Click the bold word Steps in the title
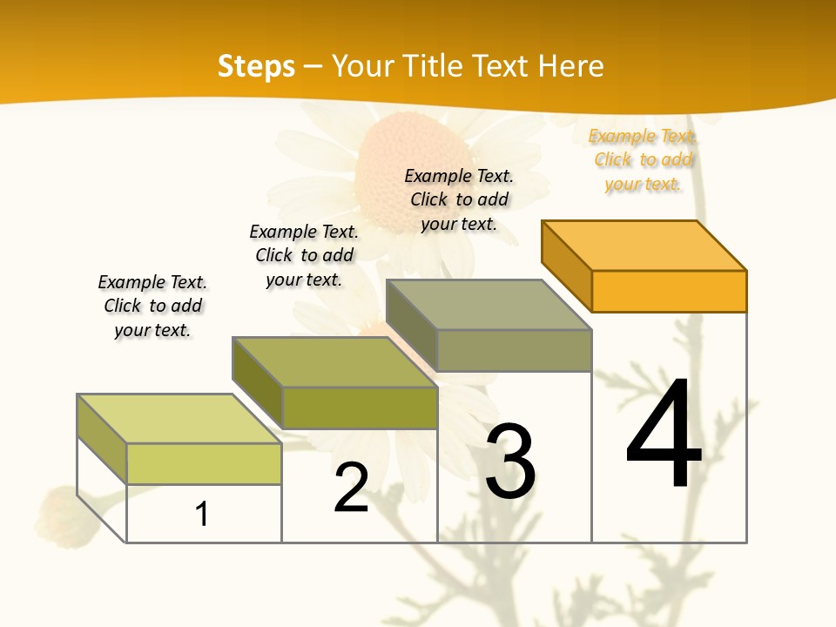pyautogui.click(x=256, y=66)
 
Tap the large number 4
pyautogui.click(x=664, y=435)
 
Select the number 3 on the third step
pyautogui.click(x=510, y=462)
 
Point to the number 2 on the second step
pyautogui.click(x=351, y=489)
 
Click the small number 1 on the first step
pyautogui.click(x=202, y=514)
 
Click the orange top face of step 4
pyautogui.click(x=644, y=245)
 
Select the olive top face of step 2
pyautogui.click(x=335, y=362)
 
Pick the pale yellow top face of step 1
pyautogui.click(x=179, y=419)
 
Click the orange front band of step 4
pyautogui.click(x=669, y=291)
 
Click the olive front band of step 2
pyautogui.click(x=360, y=408)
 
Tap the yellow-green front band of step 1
pyautogui.click(x=204, y=463)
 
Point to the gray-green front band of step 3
pyautogui.click(x=514, y=350)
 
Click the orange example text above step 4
pyautogui.click(x=644, y=159)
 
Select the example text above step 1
pyautogui.click(x=152, y=306)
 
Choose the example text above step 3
pyautogui.click(x=459, y=199)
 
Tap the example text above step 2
pyautogui.click(x=304, y=255)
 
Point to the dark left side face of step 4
pyautogui.click(x=566, y=260)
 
